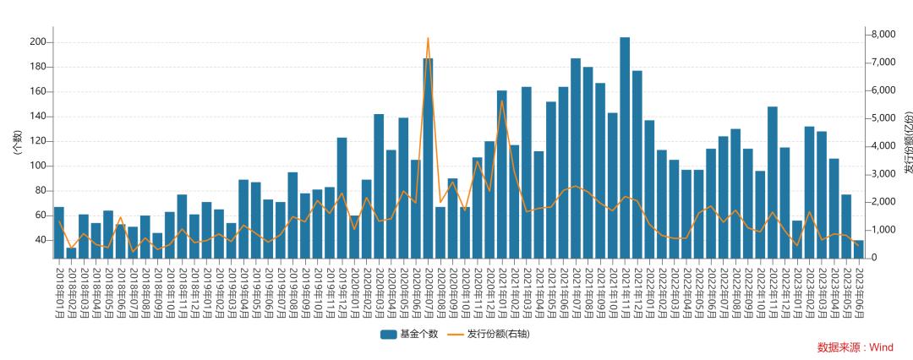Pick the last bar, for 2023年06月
tap(858, 250)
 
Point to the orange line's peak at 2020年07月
tap(428, 38)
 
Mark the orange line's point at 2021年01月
tap(501, 101)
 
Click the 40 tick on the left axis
tap(41, 240)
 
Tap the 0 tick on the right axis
tap(872, 258)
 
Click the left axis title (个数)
tap(16, 141)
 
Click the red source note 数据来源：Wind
tap(855, 347)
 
